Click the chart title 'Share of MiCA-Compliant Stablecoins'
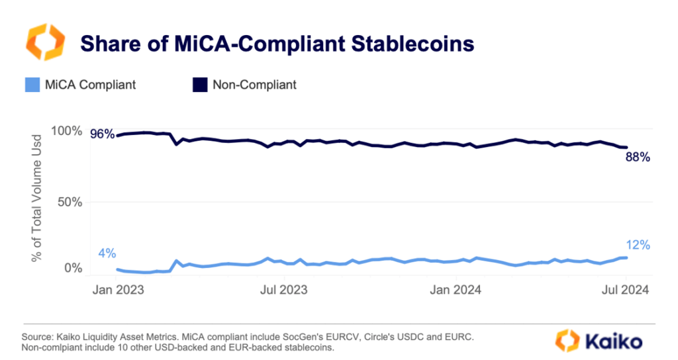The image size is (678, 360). [277, 44]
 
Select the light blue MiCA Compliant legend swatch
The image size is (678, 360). [32, 85]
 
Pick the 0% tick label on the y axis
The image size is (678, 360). [74, 268]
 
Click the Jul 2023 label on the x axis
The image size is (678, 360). [283, 289]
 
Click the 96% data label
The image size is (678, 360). [102, 134]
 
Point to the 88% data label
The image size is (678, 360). [638, 157]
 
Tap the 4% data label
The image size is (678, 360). [107, 253]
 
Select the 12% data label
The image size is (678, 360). [637, 245]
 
